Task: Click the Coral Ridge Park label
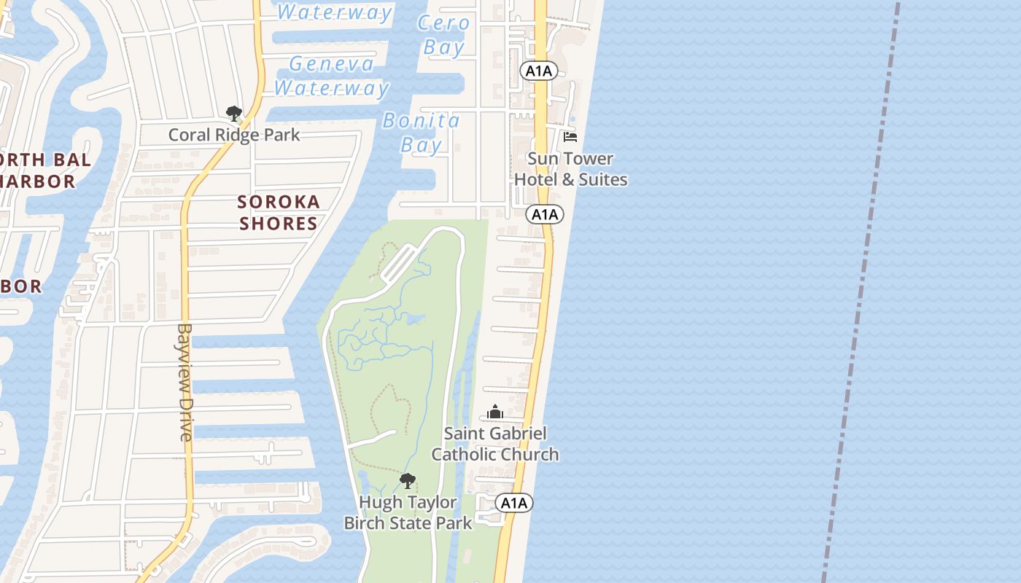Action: click(x=234, y=135)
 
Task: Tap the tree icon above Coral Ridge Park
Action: click(x=233, y=113)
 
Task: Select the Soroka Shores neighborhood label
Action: click(x=279, y=212)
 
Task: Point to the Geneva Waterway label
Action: click(x=332, y=76)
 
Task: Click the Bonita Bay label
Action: click(x=422, y=132)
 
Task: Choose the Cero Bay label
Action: click(x=443, y=35)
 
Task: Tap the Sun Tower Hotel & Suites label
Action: click(x=570, y=169)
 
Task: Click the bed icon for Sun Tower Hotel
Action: click(x=570, y=136)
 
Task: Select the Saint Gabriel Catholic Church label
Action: click(x=495, y=444)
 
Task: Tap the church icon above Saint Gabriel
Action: click(x=495, y=412)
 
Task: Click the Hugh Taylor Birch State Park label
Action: click(x=408, y=512)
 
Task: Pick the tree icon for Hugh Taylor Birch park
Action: click(x=408, y=480)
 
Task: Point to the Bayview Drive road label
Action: click(x=185, y=382)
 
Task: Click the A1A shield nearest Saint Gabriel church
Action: click(x=514, y=503)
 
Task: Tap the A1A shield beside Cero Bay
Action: click(x=539, y=71)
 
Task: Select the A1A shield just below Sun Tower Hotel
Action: click(x=545, y=214)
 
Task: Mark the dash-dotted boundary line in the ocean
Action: click(x=861, y=291)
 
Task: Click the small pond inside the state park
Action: click(x=415, y=319)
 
